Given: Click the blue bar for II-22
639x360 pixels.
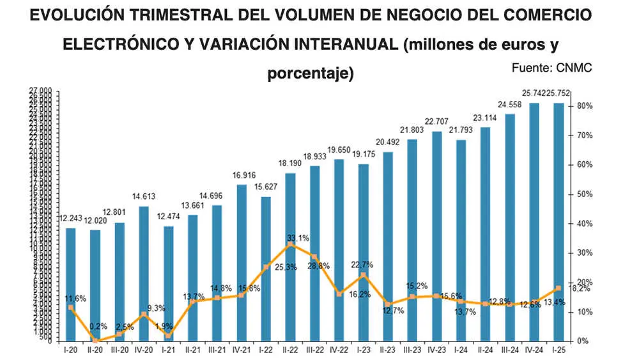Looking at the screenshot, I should point(290,256).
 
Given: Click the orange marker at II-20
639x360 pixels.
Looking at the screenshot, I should point(95,340).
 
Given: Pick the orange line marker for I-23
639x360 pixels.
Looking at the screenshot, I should point(363,276).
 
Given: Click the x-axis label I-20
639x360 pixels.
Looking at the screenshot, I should point(71,350).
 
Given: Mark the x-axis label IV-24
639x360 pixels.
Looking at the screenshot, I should point(534,350).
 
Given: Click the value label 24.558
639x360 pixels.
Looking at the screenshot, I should point(511,104).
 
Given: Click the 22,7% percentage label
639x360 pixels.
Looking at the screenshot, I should point(362,265).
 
